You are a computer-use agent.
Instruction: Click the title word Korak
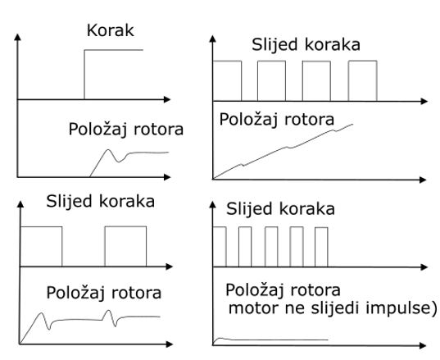111,30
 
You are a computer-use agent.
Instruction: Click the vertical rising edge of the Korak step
84,75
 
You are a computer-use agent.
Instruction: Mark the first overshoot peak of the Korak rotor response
108,150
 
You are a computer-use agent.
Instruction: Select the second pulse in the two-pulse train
125,246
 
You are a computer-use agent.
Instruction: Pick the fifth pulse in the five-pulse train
321,247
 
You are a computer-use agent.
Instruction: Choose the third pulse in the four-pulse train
316,80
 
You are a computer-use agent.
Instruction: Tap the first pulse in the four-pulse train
227,80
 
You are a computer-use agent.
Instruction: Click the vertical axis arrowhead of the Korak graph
18,38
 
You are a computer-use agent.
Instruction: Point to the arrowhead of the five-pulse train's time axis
424,267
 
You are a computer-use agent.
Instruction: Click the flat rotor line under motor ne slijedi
278,340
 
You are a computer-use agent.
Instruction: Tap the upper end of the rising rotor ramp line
352,124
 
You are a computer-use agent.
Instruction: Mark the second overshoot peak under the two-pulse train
108,311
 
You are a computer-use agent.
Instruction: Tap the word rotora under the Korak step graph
158,130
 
